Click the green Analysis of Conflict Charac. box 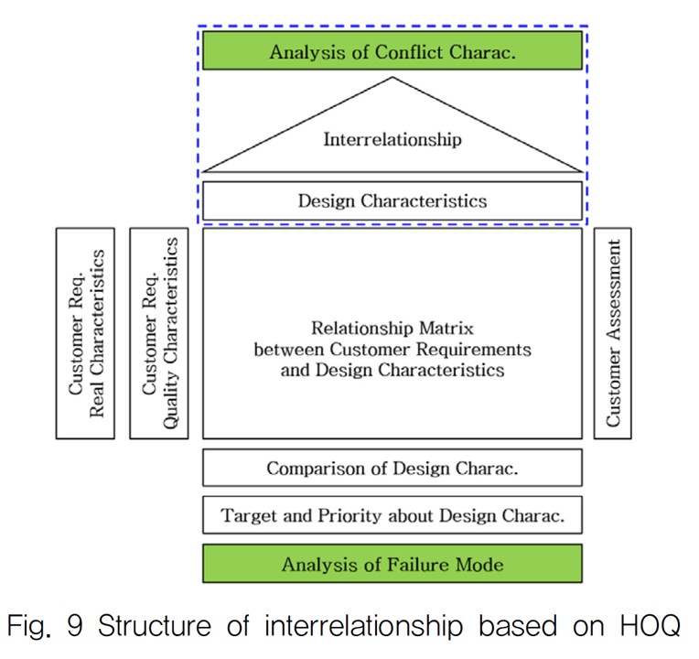click(392, 51)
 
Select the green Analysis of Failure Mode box click(392, 564)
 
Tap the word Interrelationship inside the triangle click(392, 140)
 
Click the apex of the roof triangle click(393, 78)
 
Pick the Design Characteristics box click(392, 200)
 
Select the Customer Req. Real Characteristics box click(85, 333)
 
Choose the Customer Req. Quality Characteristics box click(159, 333)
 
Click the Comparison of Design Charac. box click(392, 468)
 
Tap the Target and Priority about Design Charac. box click(392, 515)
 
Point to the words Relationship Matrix click(392, 327)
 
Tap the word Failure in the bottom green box click(404, 564)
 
